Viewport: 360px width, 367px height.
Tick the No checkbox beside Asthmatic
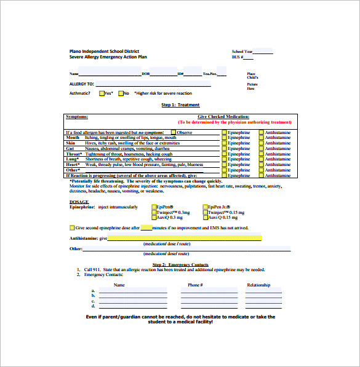121,93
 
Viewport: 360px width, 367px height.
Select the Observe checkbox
174,132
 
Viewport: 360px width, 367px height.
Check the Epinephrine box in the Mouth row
224,138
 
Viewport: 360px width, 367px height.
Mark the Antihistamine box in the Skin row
262,143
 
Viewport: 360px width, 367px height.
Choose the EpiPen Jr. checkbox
205,207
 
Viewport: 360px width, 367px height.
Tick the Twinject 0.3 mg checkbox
153,213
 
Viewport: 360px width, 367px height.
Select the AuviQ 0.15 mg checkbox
205,218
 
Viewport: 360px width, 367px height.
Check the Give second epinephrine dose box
72,228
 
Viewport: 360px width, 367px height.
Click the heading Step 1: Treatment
180,105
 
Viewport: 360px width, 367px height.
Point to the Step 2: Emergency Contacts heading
180,264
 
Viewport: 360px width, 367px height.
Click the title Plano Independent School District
104,51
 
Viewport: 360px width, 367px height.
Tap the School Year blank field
263,52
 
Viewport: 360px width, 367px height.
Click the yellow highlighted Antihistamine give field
185,238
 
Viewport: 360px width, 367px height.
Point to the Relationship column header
258,285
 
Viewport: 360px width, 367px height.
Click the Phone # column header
195,285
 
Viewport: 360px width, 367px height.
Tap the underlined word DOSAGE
79,202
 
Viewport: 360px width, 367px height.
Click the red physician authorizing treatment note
235,122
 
